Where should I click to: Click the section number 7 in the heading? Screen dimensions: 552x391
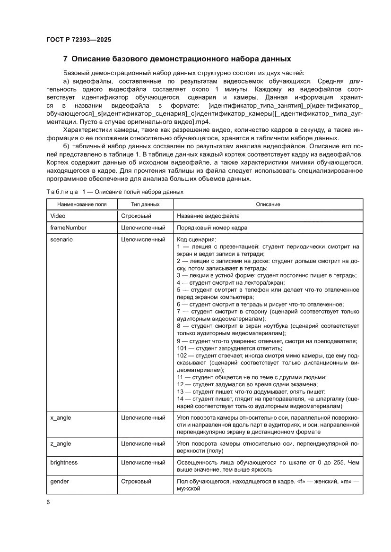(65, 59)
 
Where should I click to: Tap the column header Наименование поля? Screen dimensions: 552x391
(82, 204)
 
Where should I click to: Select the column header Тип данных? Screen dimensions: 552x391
(145, 204)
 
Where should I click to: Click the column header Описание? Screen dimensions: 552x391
(268, 204)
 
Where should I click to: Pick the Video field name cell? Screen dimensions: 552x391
(58, 216)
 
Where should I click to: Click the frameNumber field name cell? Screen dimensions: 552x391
(68, 228)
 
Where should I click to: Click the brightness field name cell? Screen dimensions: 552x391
(64, 463)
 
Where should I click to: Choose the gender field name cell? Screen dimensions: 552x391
(60, 482)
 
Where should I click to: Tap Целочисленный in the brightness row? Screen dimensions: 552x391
(143, 463)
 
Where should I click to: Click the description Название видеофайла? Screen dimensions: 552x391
(208, 216)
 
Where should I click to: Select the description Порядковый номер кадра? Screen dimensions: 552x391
(212, 228)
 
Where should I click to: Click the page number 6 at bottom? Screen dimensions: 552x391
(48, 502)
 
